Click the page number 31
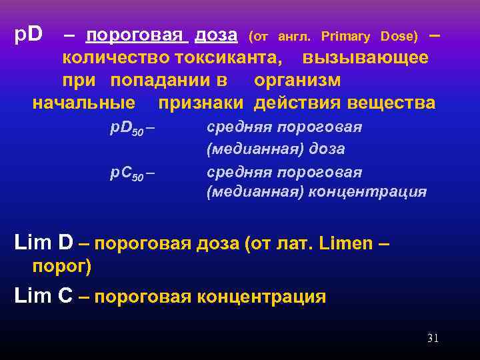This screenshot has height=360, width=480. [x=433, y=339]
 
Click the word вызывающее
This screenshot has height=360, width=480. [x=365, y=57]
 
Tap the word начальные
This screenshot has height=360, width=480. [x=84, y=103]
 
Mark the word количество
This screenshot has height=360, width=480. [x=107, y=57]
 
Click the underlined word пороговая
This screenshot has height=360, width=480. [x=137, y=34]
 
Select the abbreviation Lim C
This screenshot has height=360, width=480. [x=43, y=296]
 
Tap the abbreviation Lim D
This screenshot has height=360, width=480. [x=43, y=243]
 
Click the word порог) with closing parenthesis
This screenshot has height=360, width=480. [x=62, y=267]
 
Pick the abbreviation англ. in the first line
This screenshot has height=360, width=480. [x=290, y=35]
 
